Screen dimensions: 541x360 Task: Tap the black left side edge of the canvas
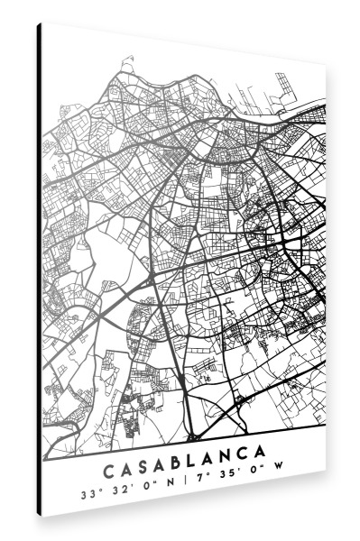coord(40,270)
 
